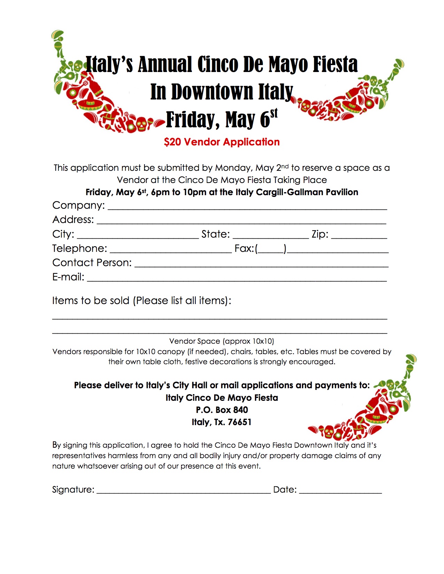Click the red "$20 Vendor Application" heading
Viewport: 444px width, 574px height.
[222, 142]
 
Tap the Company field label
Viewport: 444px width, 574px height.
[78, 205]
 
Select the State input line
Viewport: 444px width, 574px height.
[271, 237]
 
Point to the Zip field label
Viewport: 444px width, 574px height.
[320, 234]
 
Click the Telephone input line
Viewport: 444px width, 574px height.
[171, 251]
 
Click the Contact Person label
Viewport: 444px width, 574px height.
[92, 263]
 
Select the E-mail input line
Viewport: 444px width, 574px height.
[237, 279]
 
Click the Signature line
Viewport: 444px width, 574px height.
[184, 492]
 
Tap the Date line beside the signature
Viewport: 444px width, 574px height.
[340, 492]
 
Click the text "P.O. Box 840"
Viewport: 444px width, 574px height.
[222, 410]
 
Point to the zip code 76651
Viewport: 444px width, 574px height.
[240, 422]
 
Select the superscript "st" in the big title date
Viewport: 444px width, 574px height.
[274, 114]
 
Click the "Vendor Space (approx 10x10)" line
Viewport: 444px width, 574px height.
[221, 341]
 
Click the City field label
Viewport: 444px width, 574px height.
[63, 234]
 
